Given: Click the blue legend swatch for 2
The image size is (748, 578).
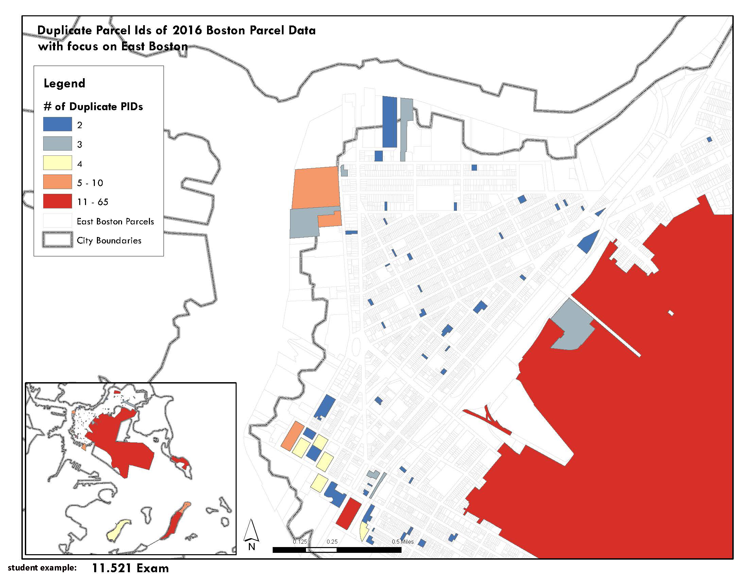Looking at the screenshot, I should [57, 124].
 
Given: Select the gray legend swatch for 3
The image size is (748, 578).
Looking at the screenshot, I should [57, 143].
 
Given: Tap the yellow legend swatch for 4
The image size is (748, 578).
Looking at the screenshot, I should [57, 163].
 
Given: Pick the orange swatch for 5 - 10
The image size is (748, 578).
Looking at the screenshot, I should [57, 182].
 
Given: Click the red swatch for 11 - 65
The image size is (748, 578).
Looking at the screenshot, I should [57, 201].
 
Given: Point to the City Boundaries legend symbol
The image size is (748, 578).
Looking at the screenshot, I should [57, 240].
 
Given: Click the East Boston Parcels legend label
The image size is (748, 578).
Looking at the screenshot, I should [115, 222].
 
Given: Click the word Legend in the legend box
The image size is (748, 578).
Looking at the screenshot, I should [64, 83].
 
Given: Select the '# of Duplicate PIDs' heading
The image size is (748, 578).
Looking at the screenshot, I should [93, 106].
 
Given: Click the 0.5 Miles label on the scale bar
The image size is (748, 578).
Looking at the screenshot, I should [403, 542].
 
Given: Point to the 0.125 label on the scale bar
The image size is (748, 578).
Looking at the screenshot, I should [300, 542].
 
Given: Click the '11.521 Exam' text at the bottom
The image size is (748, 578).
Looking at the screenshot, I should [130, 568].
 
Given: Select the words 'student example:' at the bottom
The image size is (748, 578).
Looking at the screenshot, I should [42, 568].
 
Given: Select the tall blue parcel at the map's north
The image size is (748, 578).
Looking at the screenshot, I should [389, 122].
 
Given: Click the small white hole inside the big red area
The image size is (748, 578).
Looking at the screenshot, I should [670, 312].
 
